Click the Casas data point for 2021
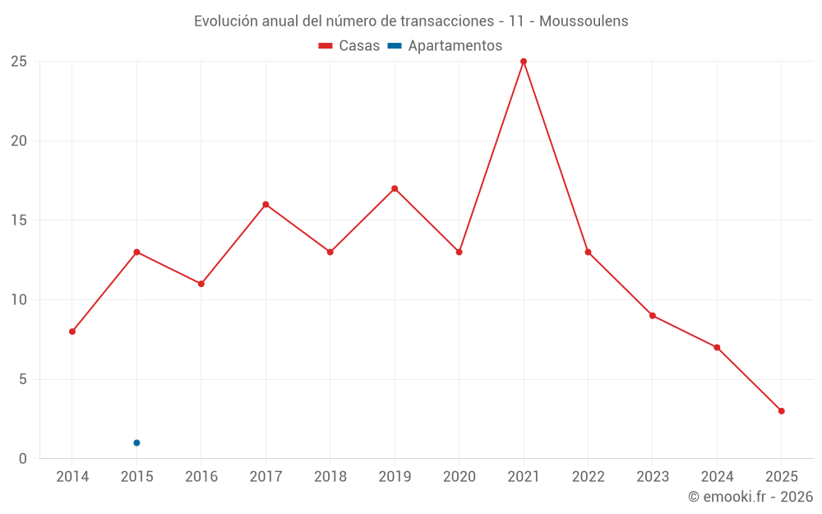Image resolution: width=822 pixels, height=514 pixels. [524, 62]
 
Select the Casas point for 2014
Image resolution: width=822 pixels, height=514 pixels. [72, 331]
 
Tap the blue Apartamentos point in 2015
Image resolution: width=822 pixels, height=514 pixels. [136, 442]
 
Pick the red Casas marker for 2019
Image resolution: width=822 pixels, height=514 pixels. [395, 188]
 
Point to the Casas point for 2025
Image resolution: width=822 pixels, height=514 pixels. [781, 411]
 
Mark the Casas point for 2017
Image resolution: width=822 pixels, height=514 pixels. [266, 204]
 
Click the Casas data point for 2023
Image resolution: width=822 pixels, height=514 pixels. [652, 316]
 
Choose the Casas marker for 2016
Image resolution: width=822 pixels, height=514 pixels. [201, 284]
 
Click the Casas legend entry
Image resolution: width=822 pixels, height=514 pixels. [349, 46]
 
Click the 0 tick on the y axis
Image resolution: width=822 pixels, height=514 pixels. [23, 459]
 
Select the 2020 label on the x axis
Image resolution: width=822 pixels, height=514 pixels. [459, 477]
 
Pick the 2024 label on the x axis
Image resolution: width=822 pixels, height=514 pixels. [717, 477]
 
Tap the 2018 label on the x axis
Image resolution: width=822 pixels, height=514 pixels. [330, 477]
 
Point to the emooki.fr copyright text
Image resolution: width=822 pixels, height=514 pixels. [750, 497]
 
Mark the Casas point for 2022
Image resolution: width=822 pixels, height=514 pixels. [588, 252]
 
